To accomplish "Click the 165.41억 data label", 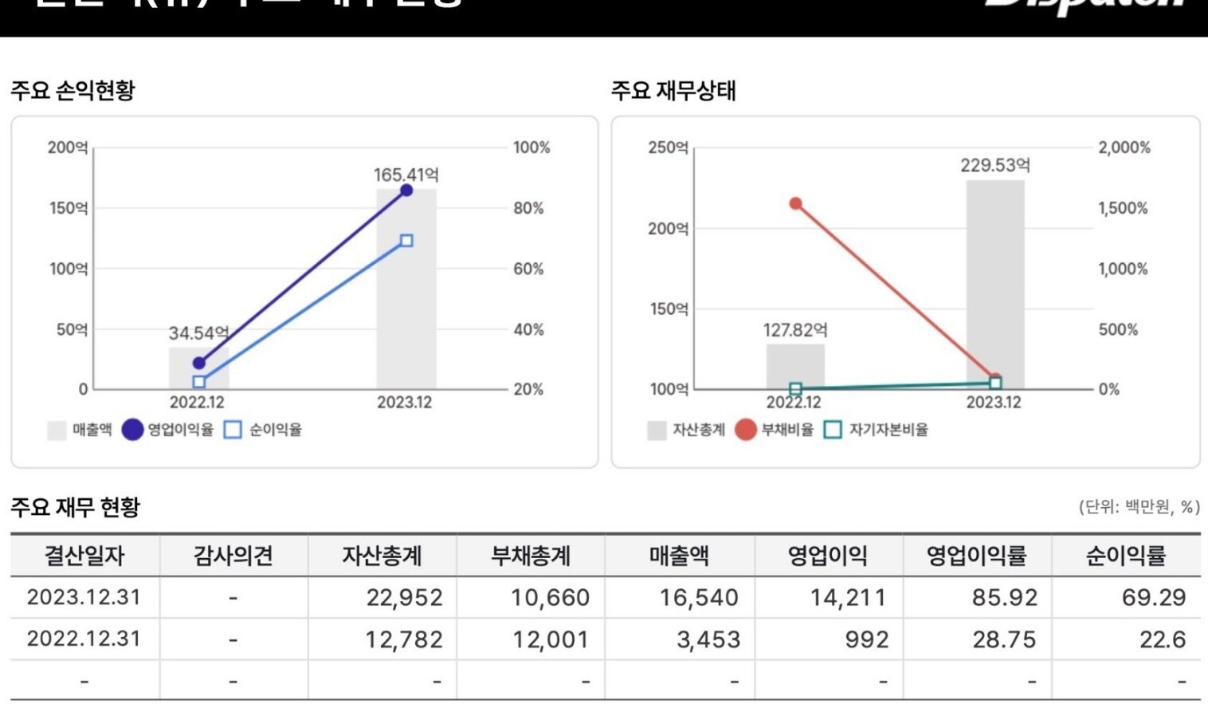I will tap(406, 175).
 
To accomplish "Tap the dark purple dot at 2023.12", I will tap(406, 191).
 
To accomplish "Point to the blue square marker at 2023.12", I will tap(406, 241).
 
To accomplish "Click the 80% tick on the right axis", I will tap(528, 208).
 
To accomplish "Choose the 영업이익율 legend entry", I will tap(168, 430).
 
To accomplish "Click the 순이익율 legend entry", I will tap(264, 430).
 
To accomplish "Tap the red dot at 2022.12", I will tap(795, 203).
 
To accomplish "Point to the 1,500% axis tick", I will tap(1123, 208).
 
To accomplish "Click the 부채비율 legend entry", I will tap(775, 430).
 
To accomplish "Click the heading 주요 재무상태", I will tap(673, 91).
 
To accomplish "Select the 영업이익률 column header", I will tap(976, 556).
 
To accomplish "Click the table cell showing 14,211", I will tap(848, 598).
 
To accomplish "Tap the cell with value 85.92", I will tap(1004, 598).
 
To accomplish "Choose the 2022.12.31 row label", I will tap(84, 639).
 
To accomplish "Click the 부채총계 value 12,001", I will tap(550, 639).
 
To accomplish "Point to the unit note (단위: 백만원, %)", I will tap(1139, 507).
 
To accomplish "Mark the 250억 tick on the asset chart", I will tap(668, 147).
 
